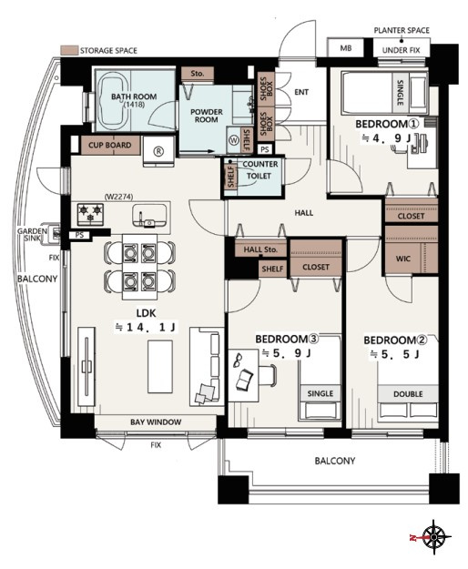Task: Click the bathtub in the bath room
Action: point(112,101)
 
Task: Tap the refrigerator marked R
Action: point(158,151)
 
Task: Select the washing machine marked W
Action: point(233,139)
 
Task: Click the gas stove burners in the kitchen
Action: point(90,214)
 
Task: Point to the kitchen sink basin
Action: point(149,216)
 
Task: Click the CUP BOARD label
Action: point(110,145)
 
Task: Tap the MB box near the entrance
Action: point(345,47)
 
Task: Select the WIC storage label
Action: point(403,259)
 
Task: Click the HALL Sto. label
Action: point(260,249)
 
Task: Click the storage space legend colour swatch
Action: point(69,50)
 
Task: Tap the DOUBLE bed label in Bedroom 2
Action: point(408,394)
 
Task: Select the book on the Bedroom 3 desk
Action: point(244,380)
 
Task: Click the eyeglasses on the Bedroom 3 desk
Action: point(238,359)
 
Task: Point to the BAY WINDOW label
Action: point(156,422)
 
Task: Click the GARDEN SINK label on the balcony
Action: point(32,234)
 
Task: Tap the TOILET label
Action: point(259,176)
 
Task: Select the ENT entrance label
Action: point(301,92)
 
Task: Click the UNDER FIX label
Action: point(401,50)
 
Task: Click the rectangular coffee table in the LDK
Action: point(160,367)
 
